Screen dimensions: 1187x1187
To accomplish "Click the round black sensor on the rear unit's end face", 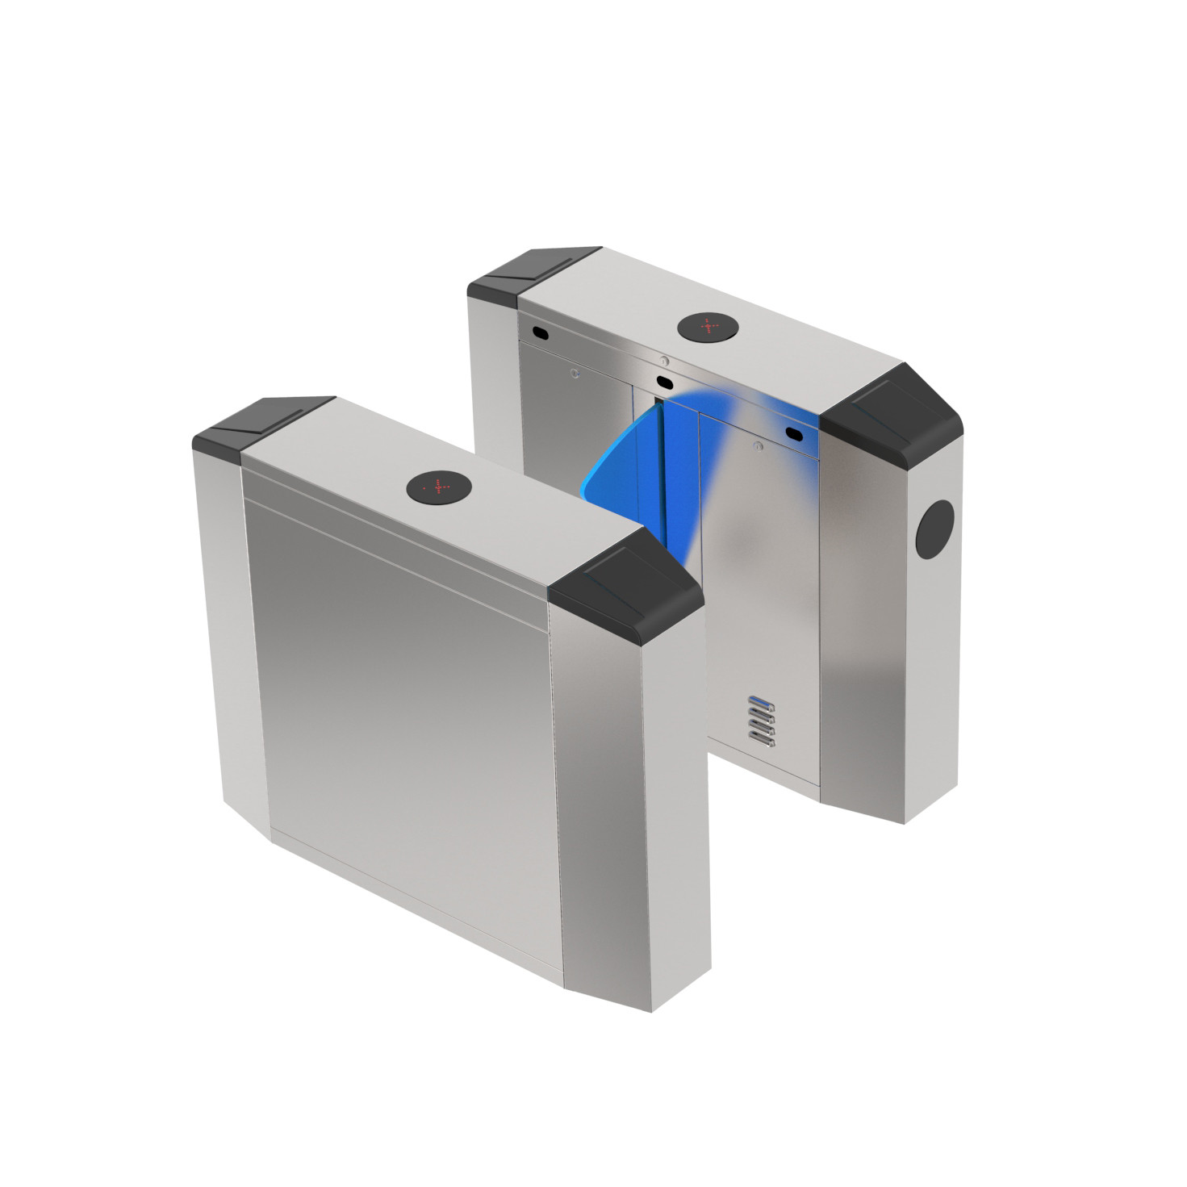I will coord(937,528).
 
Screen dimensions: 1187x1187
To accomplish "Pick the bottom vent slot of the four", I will coord(762,736).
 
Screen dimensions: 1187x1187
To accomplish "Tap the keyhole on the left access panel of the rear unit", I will coord(573,373).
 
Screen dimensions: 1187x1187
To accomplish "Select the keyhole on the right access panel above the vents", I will coord(756,445).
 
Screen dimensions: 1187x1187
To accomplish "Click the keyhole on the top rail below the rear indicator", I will coord(663,361).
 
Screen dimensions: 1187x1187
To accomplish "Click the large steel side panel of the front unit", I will coord(403,686).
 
